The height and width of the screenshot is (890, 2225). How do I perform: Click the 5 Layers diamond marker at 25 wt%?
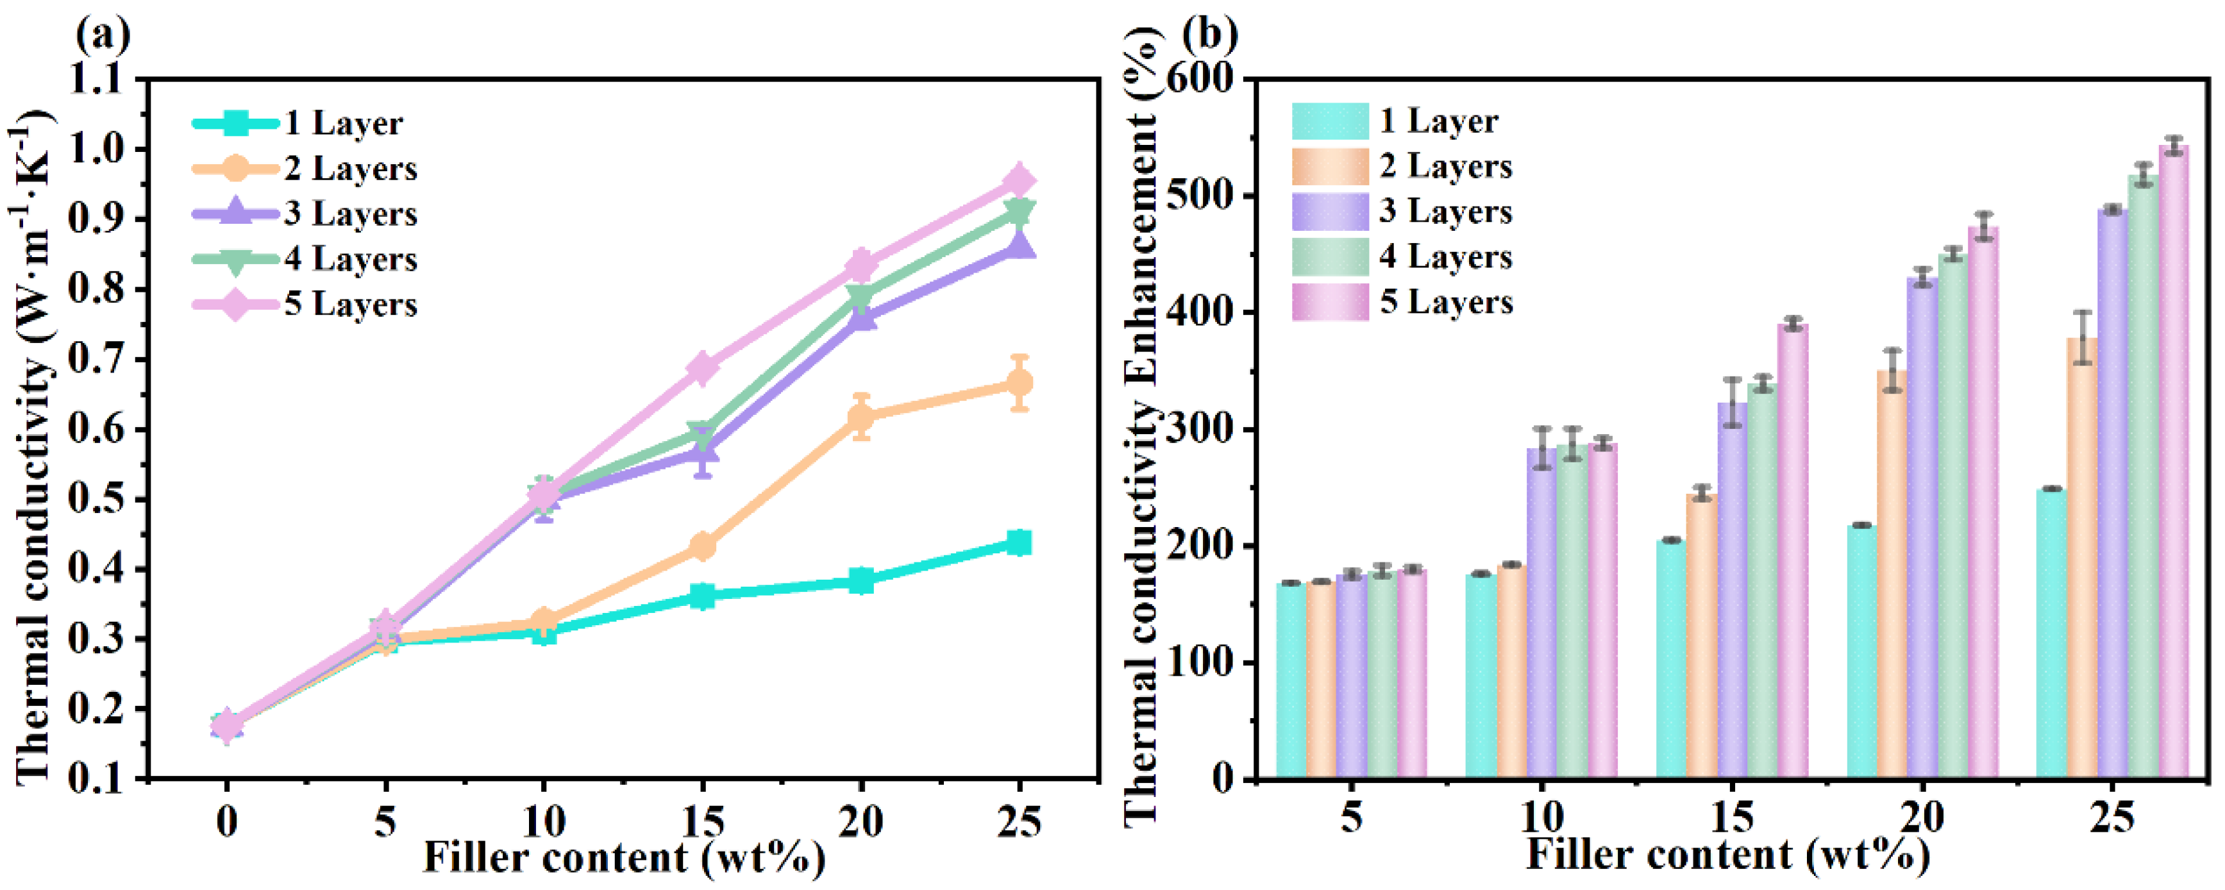tap(1020, 180)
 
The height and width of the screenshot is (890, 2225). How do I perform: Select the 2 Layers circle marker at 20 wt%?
tap(861, 417)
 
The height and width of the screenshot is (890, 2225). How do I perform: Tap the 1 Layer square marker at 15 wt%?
tap(702, 595)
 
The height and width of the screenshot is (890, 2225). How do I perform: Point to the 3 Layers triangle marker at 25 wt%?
tap(1020, 246)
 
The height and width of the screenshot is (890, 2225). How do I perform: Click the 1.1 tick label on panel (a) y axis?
tap(103, 80)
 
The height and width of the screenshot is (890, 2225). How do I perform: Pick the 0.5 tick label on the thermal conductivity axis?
tap(103, 500)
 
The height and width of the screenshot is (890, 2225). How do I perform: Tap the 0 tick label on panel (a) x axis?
tap(226, 821)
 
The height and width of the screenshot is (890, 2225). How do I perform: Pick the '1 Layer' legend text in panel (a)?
tap(344, 124)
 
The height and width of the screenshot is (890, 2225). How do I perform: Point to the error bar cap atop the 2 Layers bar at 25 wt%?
tap(2083, 312)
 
